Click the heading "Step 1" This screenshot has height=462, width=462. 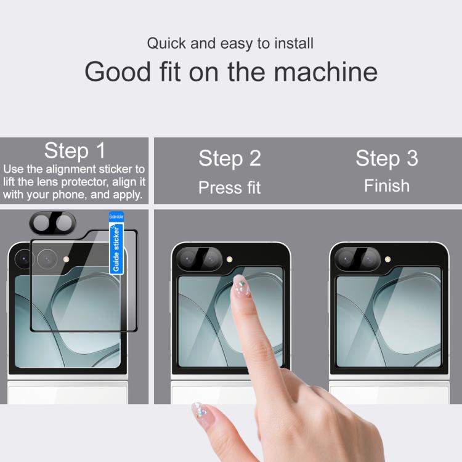pyautogui.click(x=75, y=150)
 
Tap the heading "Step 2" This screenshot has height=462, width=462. pyautogui.click(x=229, y=158)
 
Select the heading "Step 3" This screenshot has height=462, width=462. pyautogui.click(x=386, y=158)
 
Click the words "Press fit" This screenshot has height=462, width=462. pyautogui.click(x=229, y=187)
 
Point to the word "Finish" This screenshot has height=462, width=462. pyautogui.click(x=386, y=185)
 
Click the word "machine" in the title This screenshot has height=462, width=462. pyautogui.click(x=325, y=72)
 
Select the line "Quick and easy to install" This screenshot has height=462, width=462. pyautogui.click(x=230, y=44)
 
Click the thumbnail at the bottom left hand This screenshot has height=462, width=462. pyautogui.click(x=199, y=411)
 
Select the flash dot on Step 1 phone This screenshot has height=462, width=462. pyautogui.click(x=66, y=259)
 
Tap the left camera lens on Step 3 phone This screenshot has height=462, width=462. pyautogui.click(x=346, y=259)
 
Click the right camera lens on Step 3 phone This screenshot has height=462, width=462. pyautogui.click(x=367, y=259)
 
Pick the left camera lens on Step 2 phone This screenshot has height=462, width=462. pyautogui.click(x=188, y=259)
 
